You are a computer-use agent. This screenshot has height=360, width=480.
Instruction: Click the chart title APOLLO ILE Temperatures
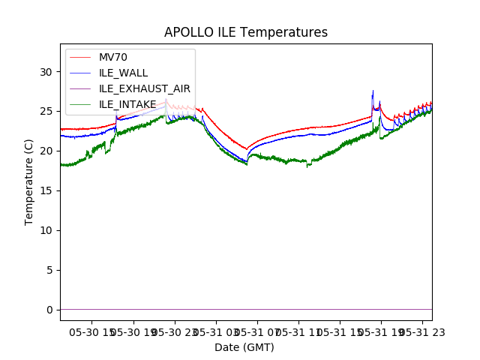[246, 32]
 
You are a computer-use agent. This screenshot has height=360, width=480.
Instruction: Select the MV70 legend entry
[113, 57]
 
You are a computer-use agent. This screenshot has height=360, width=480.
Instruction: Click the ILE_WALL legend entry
[123, 73]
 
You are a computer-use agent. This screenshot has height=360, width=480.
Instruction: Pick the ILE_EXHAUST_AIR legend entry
[145, 88]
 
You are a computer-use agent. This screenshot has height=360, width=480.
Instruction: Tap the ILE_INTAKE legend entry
[127, 104]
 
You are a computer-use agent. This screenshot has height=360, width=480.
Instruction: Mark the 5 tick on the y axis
[49, 270]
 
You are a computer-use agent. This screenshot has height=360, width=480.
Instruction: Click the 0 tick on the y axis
[49, 310]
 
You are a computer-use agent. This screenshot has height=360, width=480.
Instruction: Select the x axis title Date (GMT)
[244, 347]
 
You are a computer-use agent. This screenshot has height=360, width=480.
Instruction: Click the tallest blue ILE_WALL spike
[373, 91]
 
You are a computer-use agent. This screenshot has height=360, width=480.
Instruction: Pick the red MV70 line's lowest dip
[247, 148]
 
